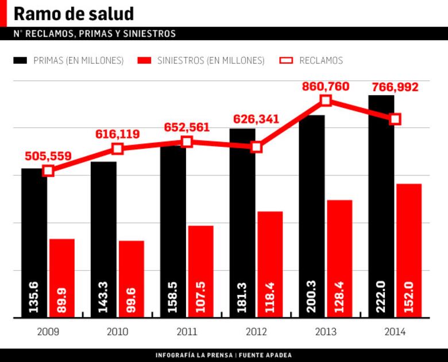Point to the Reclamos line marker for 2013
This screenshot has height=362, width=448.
pos(326,100)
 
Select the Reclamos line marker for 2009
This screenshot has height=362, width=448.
pos(48,170)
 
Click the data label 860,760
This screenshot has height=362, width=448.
pos(326,87)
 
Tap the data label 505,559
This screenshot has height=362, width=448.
pos(48,156)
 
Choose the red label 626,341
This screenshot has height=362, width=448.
pos(256,120)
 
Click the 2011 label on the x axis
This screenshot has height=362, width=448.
pos(187,332)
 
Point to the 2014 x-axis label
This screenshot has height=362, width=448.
pos(395,332)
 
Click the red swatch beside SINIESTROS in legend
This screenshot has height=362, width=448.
pos(145,60)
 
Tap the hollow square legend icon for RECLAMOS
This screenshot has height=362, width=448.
pos(285,60)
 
